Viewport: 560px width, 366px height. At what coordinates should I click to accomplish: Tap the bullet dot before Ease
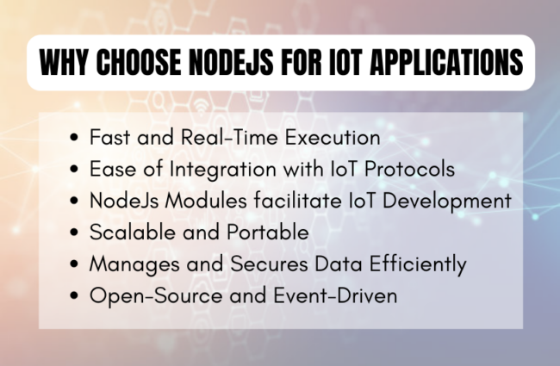(x=75, y=168)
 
